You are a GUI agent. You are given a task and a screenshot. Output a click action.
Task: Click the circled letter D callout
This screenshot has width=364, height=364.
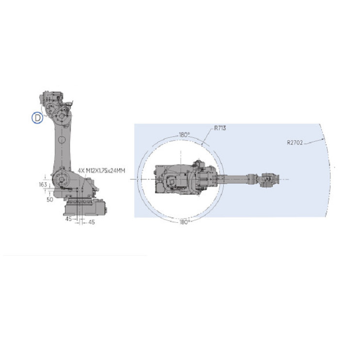(37, 117)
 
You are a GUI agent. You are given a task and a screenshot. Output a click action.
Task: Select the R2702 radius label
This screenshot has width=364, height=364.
(295, 143)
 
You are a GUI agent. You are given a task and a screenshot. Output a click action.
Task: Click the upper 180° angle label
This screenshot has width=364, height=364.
(184, 135)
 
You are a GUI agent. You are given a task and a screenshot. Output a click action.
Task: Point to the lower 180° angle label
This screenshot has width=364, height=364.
(184, 222)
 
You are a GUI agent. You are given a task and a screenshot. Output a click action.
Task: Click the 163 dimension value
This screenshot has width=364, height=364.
(43, 185)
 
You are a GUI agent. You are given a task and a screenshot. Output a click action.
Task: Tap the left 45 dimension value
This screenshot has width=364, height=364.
(68, 219)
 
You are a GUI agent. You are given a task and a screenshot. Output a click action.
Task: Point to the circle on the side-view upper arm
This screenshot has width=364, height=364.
(61, 140)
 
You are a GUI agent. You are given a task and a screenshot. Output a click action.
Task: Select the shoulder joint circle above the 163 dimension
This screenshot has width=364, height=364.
(61, 179)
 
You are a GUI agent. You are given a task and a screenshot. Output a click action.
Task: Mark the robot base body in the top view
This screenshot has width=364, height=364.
(175, 179)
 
